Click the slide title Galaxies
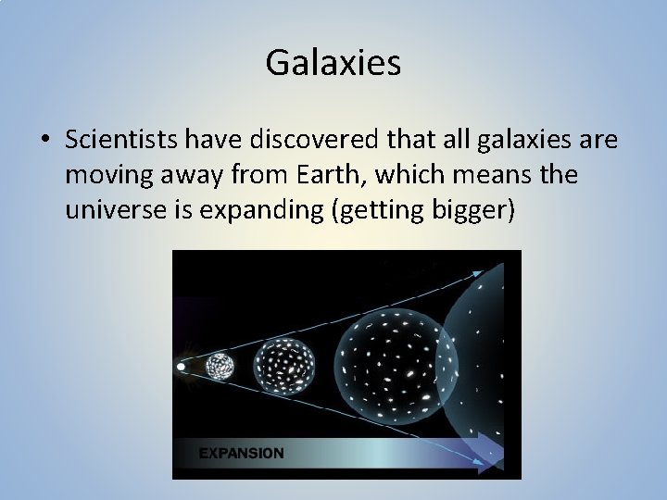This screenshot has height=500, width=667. click(x=333, y=63)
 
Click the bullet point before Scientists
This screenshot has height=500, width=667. click(x=44, y=141)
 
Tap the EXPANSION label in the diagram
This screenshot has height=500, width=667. click(x=241, y=454)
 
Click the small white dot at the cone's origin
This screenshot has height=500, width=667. click(x=181, y=367)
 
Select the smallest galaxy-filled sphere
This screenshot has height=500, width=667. click(x=220, y=367)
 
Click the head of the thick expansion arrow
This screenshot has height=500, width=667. click(x=494, y=454)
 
